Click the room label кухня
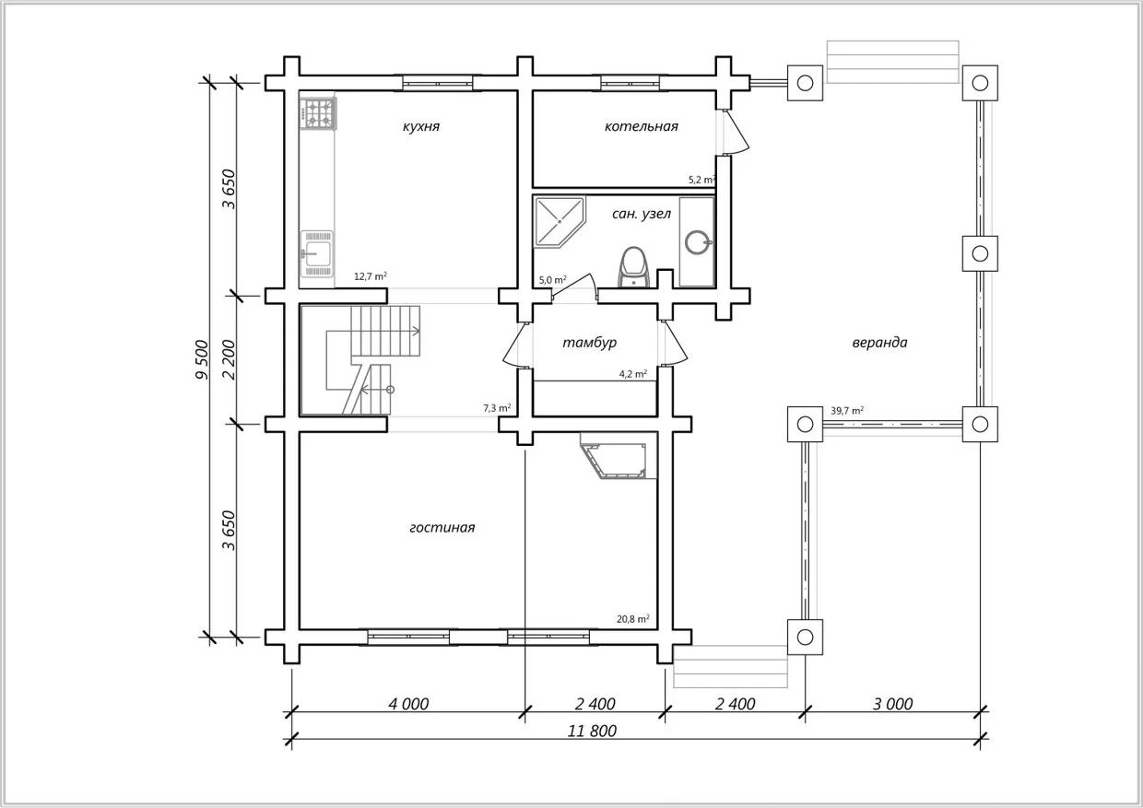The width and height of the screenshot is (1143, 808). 421,126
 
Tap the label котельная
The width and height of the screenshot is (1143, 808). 641,126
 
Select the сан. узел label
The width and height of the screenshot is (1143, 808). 641,214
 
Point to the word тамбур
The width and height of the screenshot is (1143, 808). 589,343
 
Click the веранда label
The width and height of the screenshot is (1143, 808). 879,343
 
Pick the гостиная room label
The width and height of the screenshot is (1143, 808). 442,527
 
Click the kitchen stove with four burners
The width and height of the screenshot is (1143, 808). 318,113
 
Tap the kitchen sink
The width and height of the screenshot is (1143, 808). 317,254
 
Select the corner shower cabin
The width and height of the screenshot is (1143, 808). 559,222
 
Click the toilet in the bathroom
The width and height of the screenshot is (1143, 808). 634,267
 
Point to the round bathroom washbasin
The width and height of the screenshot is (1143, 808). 697,242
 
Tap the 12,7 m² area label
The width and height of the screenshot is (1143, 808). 371,276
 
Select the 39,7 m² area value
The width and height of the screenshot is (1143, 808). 847,411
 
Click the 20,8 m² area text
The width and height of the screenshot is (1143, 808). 632,619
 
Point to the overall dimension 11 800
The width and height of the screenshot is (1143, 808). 592,731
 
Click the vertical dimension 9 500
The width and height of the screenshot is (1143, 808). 202,359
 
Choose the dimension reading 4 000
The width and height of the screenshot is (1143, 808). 408,704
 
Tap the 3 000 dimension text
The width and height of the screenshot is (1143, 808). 892,704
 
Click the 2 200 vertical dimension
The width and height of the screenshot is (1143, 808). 230,359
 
